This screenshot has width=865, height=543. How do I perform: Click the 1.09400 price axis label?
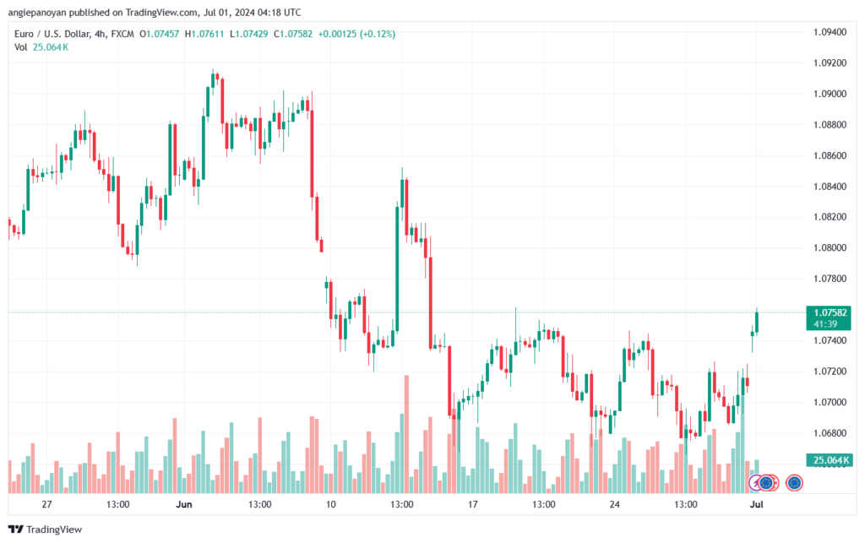tap(830, 32)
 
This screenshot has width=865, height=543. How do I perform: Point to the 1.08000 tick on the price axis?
tap(830, 247)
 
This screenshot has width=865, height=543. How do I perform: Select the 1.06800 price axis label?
tap(830, 432)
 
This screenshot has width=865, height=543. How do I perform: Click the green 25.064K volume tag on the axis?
tap(828, 459)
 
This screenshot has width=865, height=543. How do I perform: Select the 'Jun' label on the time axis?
tap(183, 504)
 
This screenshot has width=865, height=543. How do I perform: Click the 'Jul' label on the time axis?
tap(756, 504)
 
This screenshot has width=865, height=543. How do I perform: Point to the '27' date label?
tap(47, 504)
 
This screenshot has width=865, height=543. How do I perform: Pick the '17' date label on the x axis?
tap(473, 504)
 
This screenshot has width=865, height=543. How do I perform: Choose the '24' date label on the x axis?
tap(615, 504)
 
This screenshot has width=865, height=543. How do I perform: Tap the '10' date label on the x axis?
tap(330, 504)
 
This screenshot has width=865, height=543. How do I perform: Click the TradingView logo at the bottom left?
tap(46, 529)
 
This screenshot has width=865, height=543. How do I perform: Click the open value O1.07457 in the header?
tap(160, 34)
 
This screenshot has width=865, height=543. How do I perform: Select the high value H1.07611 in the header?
tap(204, 34)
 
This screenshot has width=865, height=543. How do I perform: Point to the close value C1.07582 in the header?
tap(293, 34)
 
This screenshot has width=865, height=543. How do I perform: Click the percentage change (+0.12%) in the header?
tap(378, 34)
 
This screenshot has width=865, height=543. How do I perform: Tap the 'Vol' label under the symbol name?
tap(21, 47)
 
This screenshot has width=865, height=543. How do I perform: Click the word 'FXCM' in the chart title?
tap(122, 34)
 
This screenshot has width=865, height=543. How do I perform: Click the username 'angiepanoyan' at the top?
tap(37, 12)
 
